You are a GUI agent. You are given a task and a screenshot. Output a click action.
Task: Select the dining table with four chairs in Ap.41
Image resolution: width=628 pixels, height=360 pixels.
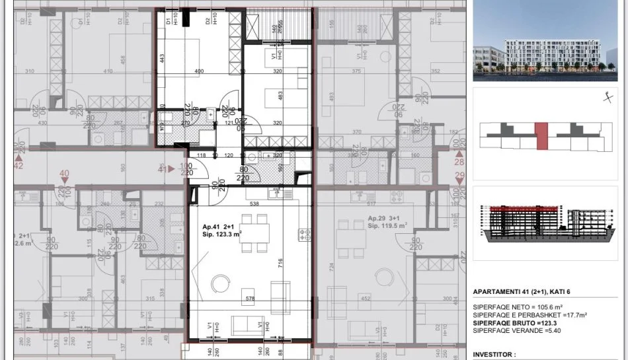[x=255, y=238]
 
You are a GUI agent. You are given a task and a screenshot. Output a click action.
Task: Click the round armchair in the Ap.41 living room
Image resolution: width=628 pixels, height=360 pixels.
[x=219, y=284]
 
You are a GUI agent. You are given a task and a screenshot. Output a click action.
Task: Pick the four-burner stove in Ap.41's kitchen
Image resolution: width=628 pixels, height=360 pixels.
[x=305, y=234]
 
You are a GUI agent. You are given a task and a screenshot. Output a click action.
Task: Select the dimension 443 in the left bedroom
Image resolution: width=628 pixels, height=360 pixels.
[x=161, y=58]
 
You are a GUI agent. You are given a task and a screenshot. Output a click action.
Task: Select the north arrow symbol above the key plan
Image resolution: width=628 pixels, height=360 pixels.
[x=606, y=97]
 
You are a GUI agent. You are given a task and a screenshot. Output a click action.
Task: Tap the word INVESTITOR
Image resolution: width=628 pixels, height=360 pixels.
[x=494, y=355]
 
